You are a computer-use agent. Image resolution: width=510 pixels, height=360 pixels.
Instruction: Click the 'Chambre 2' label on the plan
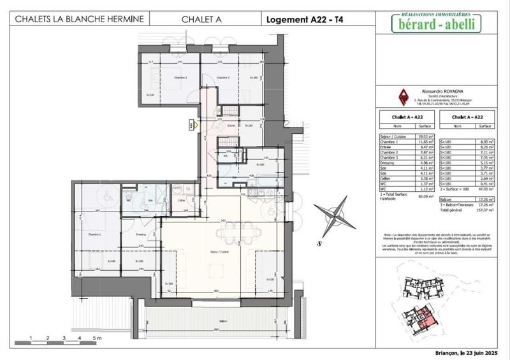click(x=164, y=78)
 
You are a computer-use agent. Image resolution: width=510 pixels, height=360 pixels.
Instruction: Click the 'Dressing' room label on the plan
click(x=142, y=234)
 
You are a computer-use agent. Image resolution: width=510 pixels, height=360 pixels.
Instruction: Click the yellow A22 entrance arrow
click(x=190, y=126)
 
